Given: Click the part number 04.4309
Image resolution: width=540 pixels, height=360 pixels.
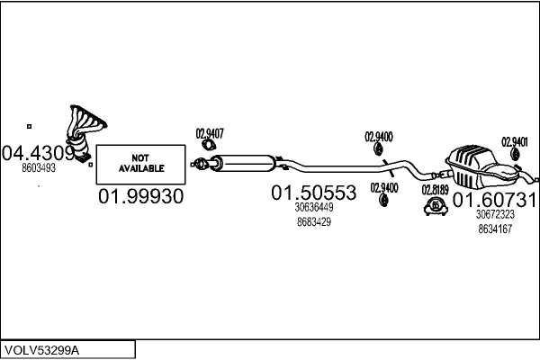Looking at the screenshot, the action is pos(38,153).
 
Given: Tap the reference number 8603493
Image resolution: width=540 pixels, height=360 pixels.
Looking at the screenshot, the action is pos(39,168).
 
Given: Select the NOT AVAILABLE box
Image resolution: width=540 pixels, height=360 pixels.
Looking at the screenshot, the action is pos(141,165).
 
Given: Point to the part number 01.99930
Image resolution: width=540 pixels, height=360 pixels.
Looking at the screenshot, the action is pos(141,196).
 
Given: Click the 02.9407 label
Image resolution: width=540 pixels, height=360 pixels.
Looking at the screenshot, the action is pos(210,134).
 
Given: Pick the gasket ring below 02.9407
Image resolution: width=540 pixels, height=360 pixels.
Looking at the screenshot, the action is pos(209,145).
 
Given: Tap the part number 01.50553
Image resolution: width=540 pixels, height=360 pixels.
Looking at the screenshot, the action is pos(314,193).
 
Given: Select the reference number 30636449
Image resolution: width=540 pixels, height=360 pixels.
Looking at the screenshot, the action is pos(314,207).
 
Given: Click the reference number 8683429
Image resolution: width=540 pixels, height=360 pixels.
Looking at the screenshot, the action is pos(314,222).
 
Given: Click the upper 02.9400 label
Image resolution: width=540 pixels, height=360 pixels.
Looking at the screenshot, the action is pos(379,137).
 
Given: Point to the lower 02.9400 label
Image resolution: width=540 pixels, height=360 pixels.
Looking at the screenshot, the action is pos(384,188).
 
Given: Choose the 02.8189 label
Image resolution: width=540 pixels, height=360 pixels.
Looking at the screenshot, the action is pos(436,190).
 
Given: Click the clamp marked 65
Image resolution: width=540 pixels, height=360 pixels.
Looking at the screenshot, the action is pos(436,206).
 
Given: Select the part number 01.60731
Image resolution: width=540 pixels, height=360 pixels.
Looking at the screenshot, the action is pos(494,200).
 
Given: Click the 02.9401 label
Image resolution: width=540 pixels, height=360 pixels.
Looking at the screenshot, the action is pos(515,142).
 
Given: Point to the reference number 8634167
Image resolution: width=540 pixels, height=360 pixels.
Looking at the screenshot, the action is pos(495,229).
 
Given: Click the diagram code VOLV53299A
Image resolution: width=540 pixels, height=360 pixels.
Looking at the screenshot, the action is pos(41,350).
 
